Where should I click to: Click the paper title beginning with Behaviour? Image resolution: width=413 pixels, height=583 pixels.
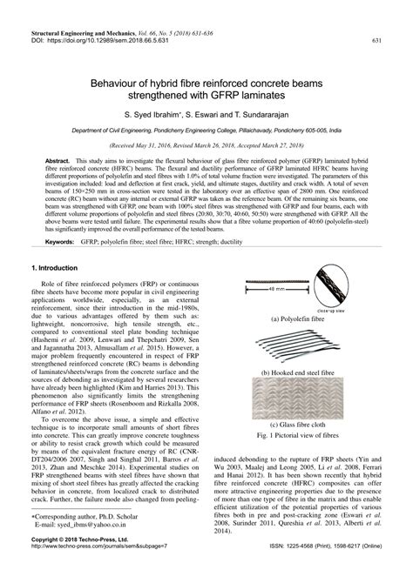(x=206, y=83)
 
